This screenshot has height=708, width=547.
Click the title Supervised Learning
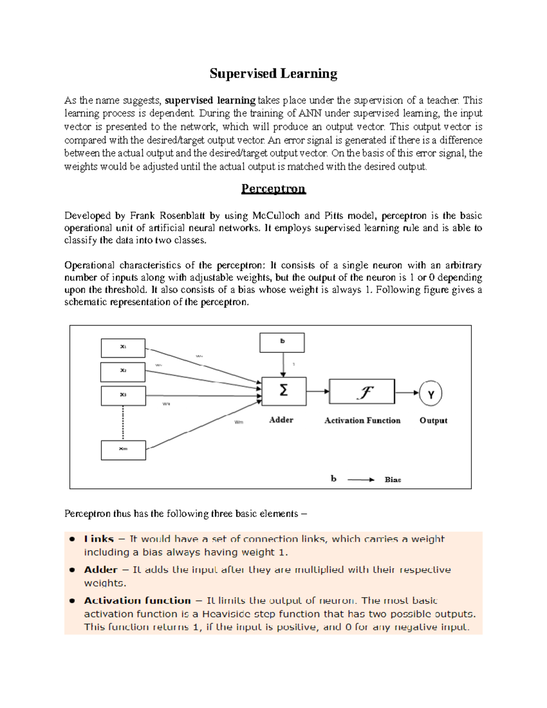pos(273,74)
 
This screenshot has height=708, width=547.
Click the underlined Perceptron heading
pos(273,189)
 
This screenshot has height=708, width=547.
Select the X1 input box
pos(123,348)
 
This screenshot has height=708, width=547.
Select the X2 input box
pos(123,372)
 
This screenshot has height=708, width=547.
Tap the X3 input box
pos(123,396)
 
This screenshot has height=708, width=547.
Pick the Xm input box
pos(123,450)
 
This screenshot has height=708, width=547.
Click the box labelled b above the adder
pos(282,342)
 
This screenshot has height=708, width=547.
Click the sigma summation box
pos(284,391)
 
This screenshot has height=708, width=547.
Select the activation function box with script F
pos(362,391)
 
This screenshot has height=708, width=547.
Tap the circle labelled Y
pos(431,393)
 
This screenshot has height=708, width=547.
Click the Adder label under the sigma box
pos(281,420)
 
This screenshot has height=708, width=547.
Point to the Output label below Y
pos(433,420)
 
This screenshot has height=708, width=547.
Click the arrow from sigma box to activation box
pos(317,391)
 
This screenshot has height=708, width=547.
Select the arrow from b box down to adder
pos(284,365)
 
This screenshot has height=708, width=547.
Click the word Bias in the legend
pos(392,480)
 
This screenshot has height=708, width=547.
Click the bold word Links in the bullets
pos(98,539)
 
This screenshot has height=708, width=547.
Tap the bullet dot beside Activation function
pos(72,601)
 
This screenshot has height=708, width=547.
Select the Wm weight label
pos(239,422)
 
